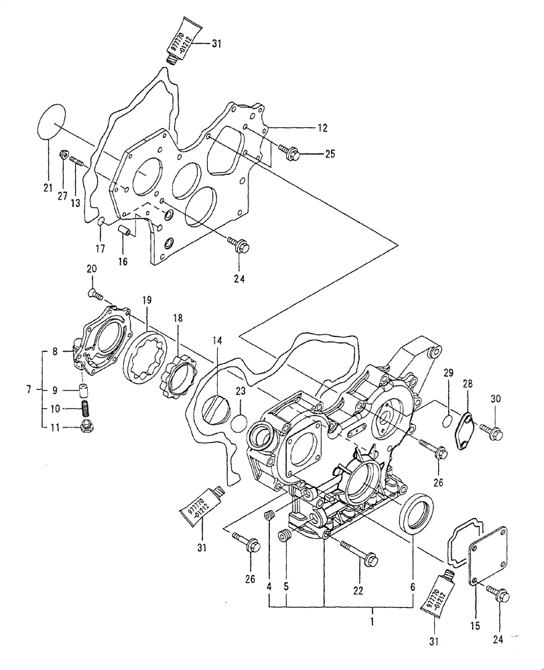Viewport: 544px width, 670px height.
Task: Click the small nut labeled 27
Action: [64, 156]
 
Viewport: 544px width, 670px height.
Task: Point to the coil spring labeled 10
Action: [85, 408]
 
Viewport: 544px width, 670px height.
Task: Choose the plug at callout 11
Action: [86, 427]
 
